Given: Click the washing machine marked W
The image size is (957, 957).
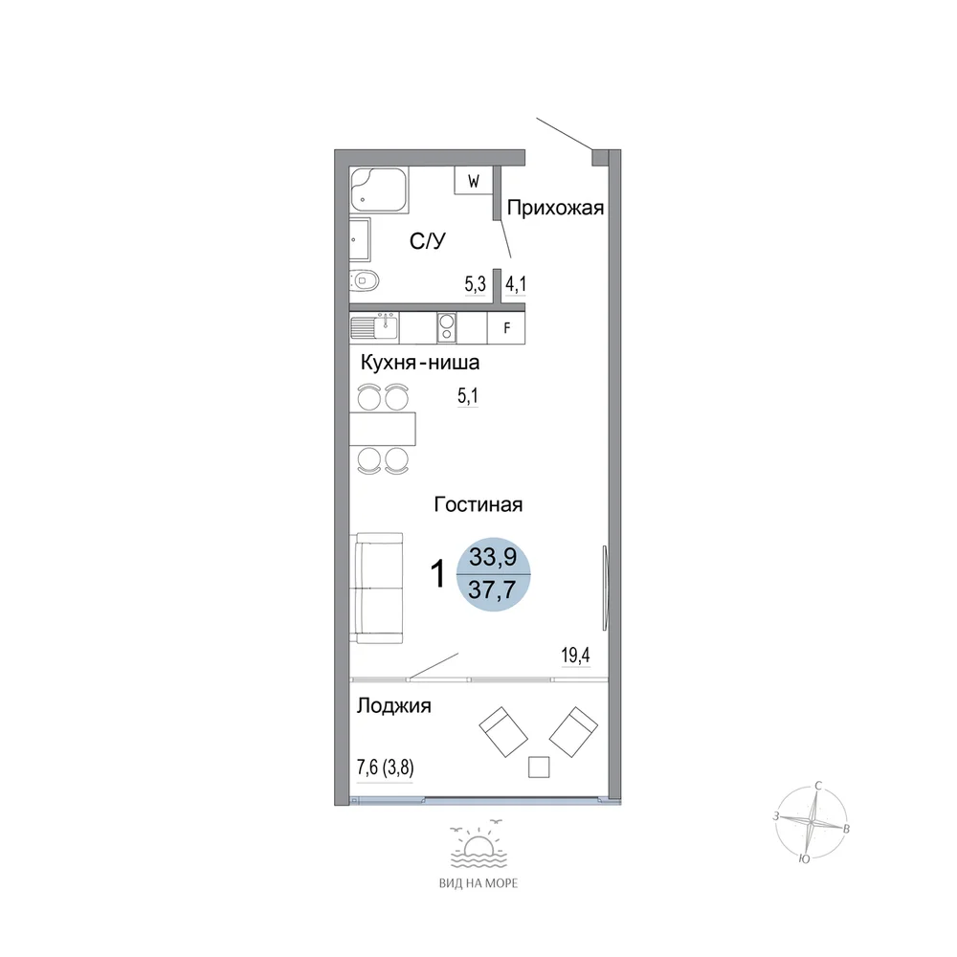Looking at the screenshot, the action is (x=474, y=180).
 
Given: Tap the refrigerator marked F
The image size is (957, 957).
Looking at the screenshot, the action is (x=506, y=327).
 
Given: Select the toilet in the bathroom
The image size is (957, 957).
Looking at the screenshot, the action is (x=365, y=281).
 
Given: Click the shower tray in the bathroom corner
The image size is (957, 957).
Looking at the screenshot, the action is (x=378, y=189).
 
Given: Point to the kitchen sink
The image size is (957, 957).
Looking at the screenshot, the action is (x=374, y=326).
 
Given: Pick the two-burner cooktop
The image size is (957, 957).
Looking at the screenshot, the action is (x=447, y=327).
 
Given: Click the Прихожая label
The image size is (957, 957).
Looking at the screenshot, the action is (x=555, y=208).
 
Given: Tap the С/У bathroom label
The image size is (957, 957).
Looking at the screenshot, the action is (x=427, y=241).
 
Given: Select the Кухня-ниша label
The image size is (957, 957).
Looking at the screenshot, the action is (x=420, y=363).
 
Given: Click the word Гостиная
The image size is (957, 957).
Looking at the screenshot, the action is (x=478, y=504).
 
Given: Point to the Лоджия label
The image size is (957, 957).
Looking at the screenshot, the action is (x=393, y=706).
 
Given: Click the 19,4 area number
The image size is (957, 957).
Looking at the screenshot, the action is (x=575, y=656).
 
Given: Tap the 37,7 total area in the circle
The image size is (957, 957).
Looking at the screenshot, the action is (x=493, y=590).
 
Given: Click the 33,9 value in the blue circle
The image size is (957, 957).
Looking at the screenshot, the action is (x=493, y=557).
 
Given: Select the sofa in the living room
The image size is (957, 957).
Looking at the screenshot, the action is (x=376, y=588).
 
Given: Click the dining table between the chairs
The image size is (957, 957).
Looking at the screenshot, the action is (x=383, y=429).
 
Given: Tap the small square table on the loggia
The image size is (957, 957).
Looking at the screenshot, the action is (x=538, y=768).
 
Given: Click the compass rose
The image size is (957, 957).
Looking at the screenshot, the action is (x=812, y=822).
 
